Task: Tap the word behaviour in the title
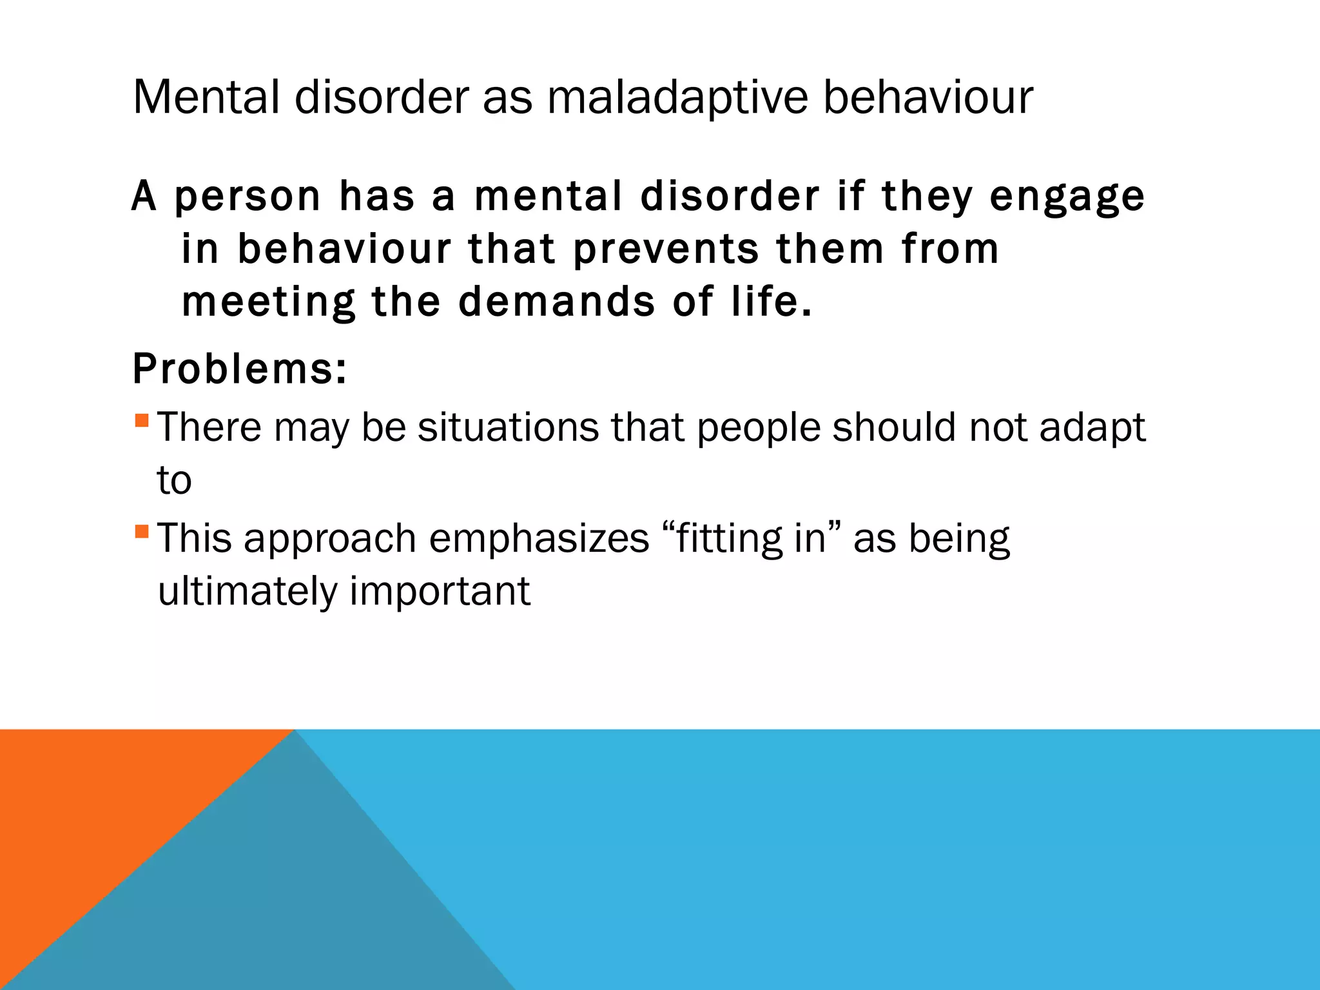928,98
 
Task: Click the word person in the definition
247,197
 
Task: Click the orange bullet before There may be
142,421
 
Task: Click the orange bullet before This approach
142,532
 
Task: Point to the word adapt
1092,427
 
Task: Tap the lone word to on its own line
174,481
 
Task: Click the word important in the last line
440,591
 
